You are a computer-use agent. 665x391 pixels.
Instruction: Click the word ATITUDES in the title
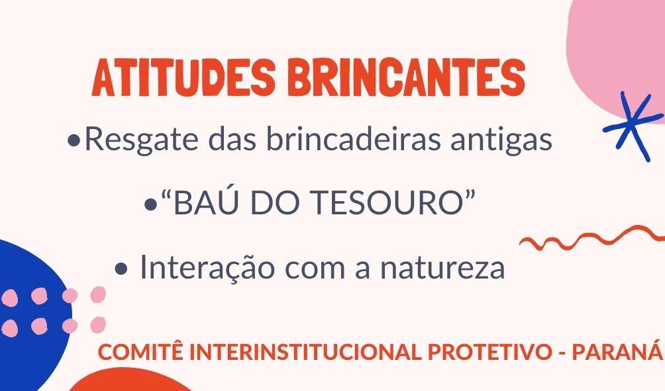coord(183,78)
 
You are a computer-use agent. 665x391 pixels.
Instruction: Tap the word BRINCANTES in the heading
coord(406,78)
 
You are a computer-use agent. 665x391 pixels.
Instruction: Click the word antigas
coord(501,140)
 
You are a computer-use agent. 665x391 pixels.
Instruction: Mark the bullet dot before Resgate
coord(74,141)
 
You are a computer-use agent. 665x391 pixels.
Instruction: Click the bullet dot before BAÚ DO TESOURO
coord(150,205)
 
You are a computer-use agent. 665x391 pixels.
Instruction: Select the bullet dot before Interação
coord(121,269)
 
